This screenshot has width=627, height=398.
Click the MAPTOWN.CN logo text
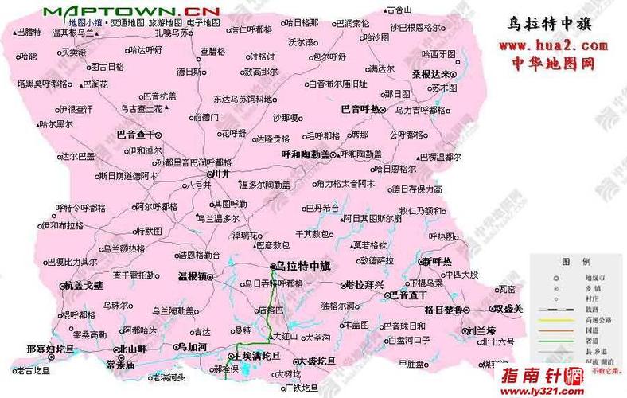132,10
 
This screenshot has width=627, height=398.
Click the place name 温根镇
192,276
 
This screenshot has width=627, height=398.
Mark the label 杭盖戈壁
84,284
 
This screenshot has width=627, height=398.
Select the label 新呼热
437,262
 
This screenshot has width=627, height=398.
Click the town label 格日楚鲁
443,309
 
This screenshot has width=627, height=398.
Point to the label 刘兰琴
481,330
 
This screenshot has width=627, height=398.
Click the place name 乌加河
193,348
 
